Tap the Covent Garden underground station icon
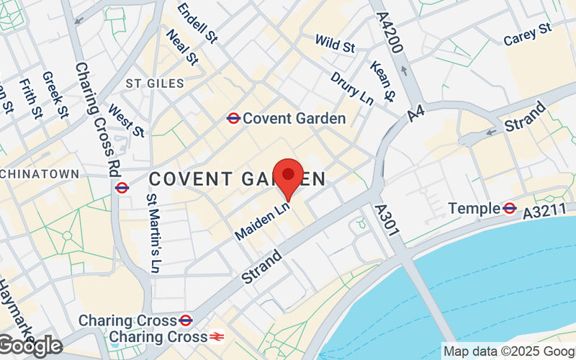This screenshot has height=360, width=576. pos(233,117)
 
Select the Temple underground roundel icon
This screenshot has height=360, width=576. pos(510,208)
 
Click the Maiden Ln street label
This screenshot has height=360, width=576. pos(262,220)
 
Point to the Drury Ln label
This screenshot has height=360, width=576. pos(352,89)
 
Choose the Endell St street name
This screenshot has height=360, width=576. pos(197,22)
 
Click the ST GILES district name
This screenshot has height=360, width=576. pos(155,84)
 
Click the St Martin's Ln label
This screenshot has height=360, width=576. pos(152,233)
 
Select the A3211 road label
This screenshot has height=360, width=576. pos(544,212)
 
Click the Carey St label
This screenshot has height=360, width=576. pos(527,34)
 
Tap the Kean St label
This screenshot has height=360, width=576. pos(382,80)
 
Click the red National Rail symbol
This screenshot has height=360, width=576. pos(215,336)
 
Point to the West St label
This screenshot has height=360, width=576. pos(126,121)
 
